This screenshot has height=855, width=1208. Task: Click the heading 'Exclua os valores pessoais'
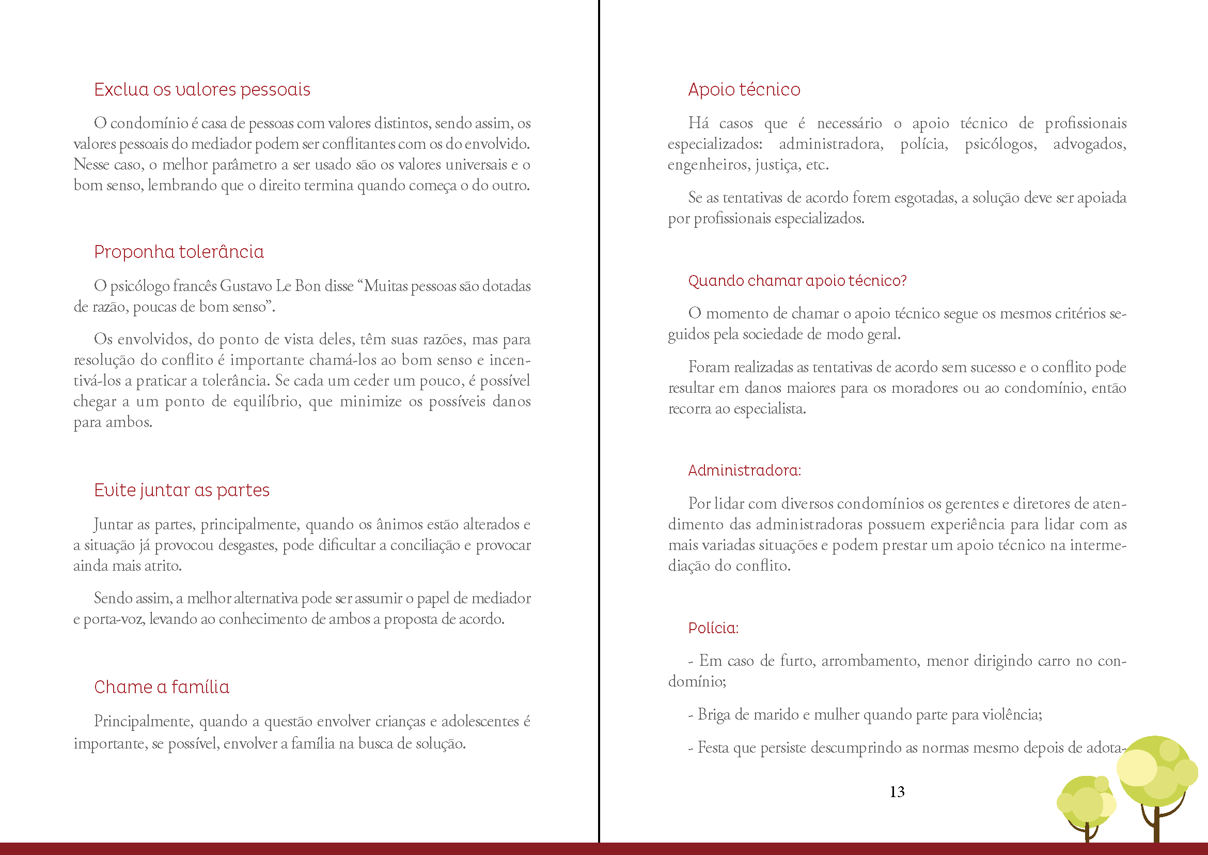[202, 90]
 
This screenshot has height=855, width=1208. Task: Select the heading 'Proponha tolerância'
[179, 252]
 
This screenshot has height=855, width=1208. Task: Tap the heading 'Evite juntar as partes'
[181, 490]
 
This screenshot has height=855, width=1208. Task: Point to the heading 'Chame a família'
[162, 687]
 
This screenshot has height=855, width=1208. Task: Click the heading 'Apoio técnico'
[744, 90]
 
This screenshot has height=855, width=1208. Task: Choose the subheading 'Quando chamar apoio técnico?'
[797, 281]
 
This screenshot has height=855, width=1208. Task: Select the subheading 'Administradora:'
[745, 470]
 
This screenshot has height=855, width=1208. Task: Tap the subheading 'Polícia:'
[713, 628]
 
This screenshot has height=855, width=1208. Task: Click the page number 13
[897, 792]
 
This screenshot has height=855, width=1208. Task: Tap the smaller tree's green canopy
[1085, 800]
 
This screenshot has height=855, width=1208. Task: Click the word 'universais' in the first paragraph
[476, 165]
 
